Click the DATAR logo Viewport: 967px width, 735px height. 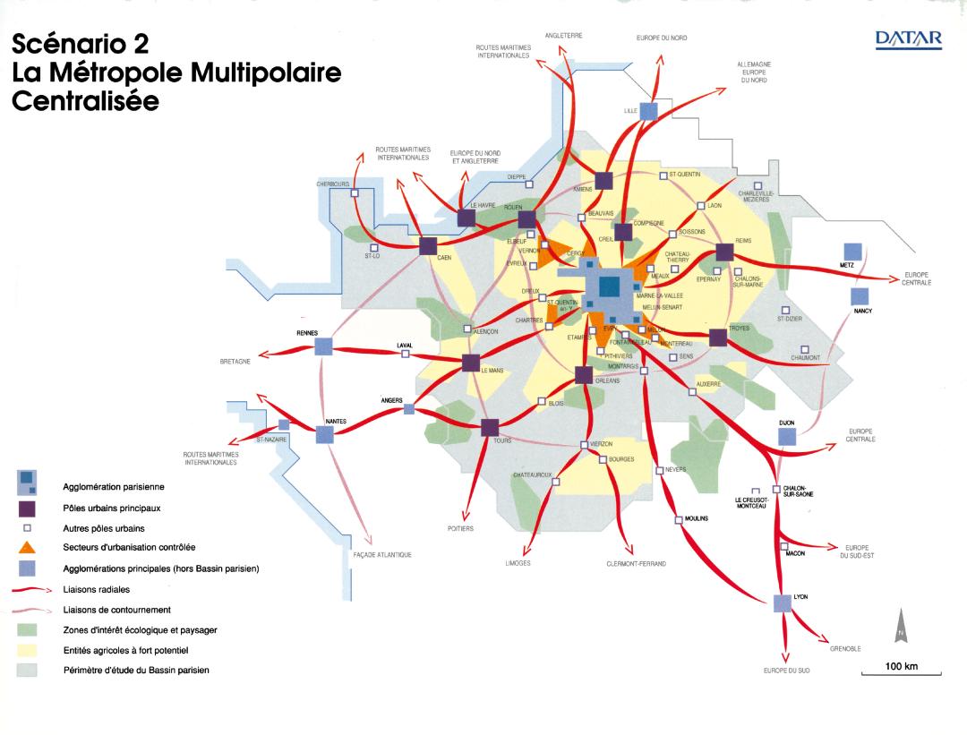click(909, 40)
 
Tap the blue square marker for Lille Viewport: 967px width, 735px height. click(649, 111)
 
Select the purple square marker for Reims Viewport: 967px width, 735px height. click(724, 253)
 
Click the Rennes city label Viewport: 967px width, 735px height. click(308, 333)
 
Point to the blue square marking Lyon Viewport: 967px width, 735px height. click(783, 603)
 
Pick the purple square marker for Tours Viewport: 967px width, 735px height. click(490, 427)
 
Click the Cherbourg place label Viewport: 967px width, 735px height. click(332, 184)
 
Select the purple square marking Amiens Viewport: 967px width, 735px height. click(603, 180)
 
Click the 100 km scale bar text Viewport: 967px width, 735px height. click(902, 666)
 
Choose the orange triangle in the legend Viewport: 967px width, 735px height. click(27, 547)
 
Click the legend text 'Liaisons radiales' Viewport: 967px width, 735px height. click(97, 590)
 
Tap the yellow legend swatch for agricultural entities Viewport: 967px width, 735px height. click(27, 650)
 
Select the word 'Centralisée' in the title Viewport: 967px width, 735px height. click(85, 101)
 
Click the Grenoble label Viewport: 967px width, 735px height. click(845, 647)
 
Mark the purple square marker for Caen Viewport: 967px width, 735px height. click(427, 246)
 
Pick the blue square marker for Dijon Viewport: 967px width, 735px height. click(786, 436)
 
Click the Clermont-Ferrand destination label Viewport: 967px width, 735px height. click(633, 564)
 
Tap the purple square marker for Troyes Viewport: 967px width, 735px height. click(717, 338)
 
